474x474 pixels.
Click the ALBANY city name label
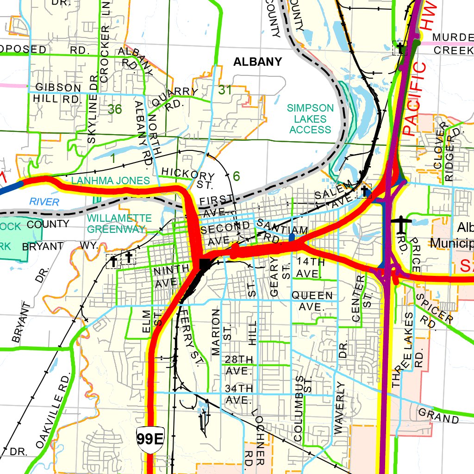[x=257, y=62]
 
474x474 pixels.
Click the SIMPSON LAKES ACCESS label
[x=310, y=118]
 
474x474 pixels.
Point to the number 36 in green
[x=115, y=109]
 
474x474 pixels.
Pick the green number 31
[x=225, y=90]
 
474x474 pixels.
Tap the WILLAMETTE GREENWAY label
[x=119, y=223]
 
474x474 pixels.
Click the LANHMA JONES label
[x=111, y=181]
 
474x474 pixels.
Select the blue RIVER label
[x=44, y=202]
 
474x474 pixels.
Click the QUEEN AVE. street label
[x=312, y=300]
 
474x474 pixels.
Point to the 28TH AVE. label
[x=239, y=365]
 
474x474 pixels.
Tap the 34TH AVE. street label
[x=239, y=393]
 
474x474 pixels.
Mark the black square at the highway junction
[x=204, y=264]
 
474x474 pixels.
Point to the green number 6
[x=237, y=176]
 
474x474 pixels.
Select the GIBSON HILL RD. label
[x=58, y=93]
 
